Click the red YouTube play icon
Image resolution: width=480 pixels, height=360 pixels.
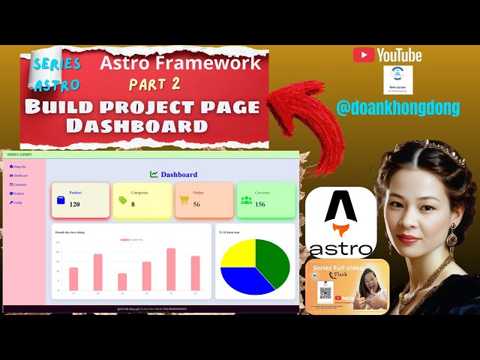click(364, 55)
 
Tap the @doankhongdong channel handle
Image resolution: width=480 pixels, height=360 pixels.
click(397, 108)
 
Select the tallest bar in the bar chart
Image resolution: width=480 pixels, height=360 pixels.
click(171, 269)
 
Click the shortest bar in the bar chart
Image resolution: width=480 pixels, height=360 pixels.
click(122, 281)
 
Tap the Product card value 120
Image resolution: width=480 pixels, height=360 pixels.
click(74, 204)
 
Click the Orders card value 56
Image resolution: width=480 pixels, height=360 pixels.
click(196, 204)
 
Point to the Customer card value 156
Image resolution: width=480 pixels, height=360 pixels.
click(259, 204)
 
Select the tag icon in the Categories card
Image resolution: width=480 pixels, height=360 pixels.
click(123, 200)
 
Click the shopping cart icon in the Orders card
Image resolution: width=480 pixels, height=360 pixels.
click(184, 199)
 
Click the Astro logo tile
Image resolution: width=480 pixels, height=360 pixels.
click(340, 223)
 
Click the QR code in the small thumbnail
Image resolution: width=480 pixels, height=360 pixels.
click(325, 293)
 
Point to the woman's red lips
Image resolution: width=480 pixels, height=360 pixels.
click(412, 223)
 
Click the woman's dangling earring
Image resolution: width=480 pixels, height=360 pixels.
click(452, 238)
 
